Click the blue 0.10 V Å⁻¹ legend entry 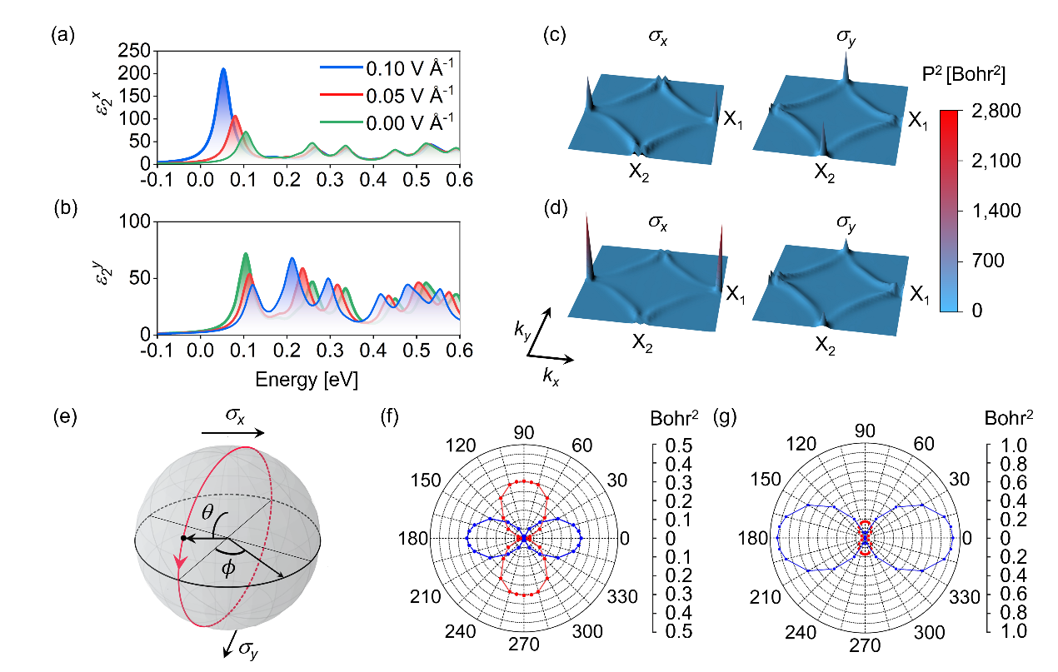pyautogui.click(x=387, y=68)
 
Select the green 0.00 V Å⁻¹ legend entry pyautogui.click(x=387, y=122)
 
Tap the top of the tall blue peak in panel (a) pyautogui.click(x=223, y=69)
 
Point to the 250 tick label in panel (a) pyautogui.click(x=133, y=50)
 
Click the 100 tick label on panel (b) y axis pyautogui.click(x=134, y=221)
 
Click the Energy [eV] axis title pyautogui.click(x=307, y=380)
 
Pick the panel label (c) pyautogui.click(x=555, y=35)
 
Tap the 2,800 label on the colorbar pyautogui.click(x=996, y=111)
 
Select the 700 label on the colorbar pyautogui.click(x=988, y=260)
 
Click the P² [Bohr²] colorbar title pyautogui.click(x=964, y=73)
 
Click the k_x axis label pyautogui.click(x=551, y=377)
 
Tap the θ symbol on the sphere pyautogui.click(x=207, y=512)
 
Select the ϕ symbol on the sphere pyautogui.click(x=228, y=568)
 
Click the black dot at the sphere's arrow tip pyautogui.click(x=184, y=538)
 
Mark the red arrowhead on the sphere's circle pyautogui.click(x=179, y=562)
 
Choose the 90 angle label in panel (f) pyautogui.click(x=524, y=432)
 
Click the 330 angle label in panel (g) pyautogui.click(x=965, y=597)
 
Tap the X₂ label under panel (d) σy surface pyautogui.click(x=825, y=346)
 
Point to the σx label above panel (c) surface pyautogui.click(x=658, y=37)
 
